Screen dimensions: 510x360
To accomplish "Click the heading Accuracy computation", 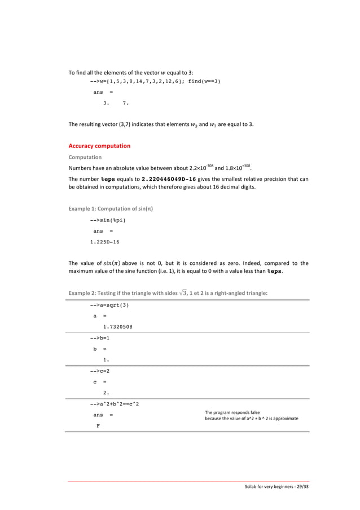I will pos(99,146).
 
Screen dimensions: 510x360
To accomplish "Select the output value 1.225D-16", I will pos(104,242).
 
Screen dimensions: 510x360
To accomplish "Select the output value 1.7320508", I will pos(117,326).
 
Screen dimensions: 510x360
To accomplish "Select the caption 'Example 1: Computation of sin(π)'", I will pos(111,209).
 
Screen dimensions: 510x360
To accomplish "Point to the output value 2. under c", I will pos(106,392).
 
